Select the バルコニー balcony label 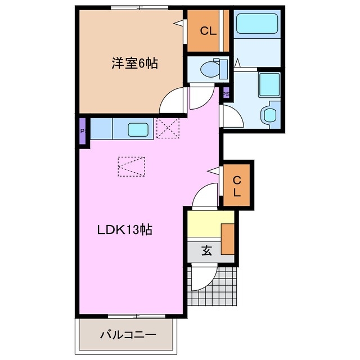pos(128,336)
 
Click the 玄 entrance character pos(206,251)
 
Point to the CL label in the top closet pos(209,31)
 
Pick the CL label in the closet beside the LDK pos(237,186)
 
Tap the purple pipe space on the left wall pos(83,132)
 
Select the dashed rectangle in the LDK pos(132,166)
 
